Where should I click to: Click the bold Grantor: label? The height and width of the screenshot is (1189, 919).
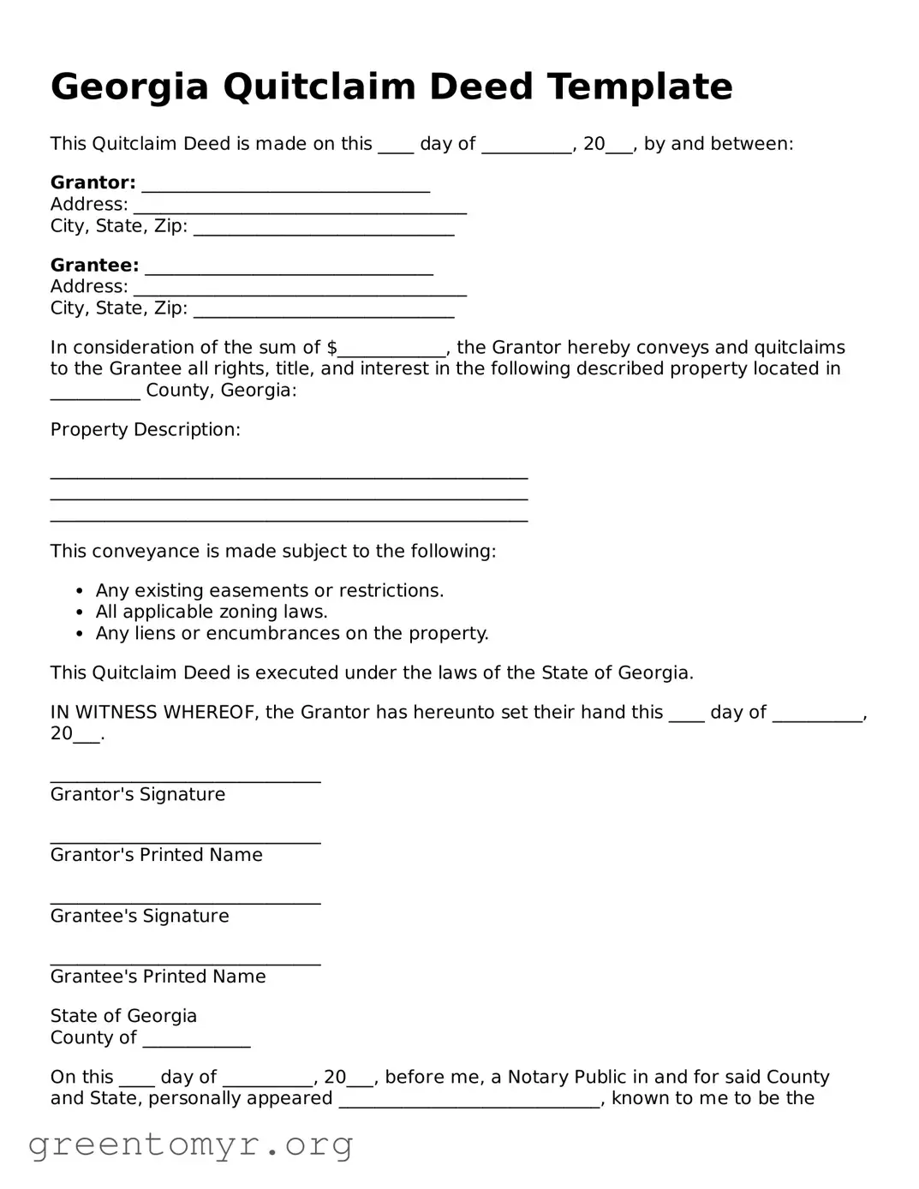(92, 182)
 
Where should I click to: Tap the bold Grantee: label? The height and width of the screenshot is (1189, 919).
(94, 266)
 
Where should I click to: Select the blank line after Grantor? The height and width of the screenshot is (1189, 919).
(285, 187)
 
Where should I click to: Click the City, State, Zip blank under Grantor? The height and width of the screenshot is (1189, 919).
(324, 230)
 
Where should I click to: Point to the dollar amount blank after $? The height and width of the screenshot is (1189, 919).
(392, 351)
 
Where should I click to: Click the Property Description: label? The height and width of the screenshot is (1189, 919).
(146, 430)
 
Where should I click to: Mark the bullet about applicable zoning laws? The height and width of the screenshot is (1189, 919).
(212, 612)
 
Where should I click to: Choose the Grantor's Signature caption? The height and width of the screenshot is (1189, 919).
(138, 795)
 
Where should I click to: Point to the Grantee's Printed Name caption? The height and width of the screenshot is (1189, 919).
(158, 977)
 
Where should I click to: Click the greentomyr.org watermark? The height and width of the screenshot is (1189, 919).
(191, 1144)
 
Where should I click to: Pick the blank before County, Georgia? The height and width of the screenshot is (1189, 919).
(95, 395)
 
